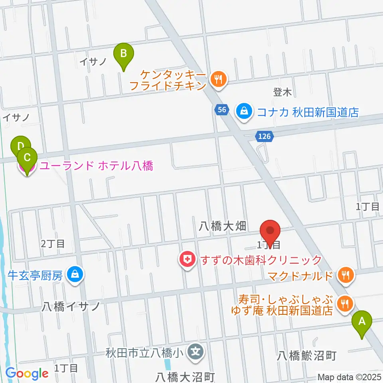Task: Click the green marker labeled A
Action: (x=362, y=322)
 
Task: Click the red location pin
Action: (x=270, y=232)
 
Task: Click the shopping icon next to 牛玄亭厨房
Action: (x=74, y=275)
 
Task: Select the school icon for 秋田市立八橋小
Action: (x=196, y=352)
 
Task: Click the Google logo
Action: (x=27, y=374)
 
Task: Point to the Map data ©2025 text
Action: (x=349, y=377)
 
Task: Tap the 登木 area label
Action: (x=282, y=93)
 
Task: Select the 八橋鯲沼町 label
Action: (x=307, y=355)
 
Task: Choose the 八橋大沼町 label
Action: (x=186, y=376)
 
